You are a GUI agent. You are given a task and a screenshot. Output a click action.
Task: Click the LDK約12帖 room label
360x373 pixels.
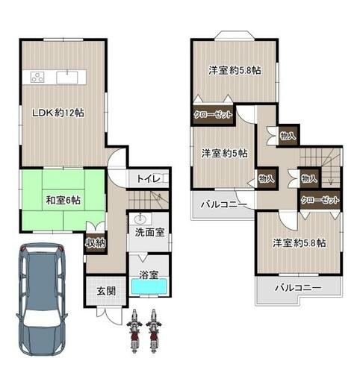[x=58, y=113]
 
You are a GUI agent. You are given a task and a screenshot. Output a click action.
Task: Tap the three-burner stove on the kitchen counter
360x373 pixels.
[x=37, y=77]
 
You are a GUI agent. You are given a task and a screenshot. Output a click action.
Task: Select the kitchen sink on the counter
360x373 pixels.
[x=67, y=77]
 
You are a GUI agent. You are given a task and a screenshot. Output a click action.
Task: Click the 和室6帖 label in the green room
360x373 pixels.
[x=63, y=200]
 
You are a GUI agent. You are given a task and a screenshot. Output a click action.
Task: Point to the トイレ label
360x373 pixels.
[x=149, y=178]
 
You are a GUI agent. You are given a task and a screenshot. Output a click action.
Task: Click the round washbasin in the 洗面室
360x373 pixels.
[x=140, y=219]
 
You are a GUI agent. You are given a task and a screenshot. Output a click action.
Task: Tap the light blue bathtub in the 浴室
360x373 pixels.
[x=149, y=286]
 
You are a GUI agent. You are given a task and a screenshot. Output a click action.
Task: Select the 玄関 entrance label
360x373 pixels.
[x=106, y=291]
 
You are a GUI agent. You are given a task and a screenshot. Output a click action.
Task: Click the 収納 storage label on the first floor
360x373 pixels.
[x=96, y=243]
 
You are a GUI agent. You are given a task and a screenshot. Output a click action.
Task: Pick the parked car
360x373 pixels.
[x=42, y=300]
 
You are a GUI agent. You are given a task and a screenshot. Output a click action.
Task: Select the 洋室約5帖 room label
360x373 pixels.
[x=224, y=153]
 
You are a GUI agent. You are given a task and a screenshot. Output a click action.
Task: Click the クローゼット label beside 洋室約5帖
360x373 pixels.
[x=213, y=115]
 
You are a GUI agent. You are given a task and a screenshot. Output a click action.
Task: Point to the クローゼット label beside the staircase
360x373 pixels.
[x=320, y=200]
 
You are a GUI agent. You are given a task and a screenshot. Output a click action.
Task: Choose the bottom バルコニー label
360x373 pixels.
[x=298, y=288]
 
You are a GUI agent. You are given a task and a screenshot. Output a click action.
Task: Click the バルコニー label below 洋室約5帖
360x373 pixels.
[x=223, y=204]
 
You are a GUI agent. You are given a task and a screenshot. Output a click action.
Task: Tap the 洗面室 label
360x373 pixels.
[x=149, y=232]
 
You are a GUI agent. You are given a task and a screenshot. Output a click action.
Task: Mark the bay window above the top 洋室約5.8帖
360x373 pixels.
[x=235, y=35]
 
